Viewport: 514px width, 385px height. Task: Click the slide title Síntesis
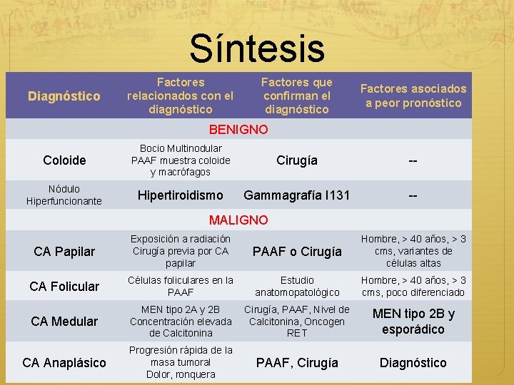(x=257, y=49)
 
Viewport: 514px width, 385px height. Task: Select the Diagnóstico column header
(x=64, y=96)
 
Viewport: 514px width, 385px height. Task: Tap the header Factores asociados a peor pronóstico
(x=413, y=96)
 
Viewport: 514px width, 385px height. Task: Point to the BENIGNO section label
(x=238, y=129)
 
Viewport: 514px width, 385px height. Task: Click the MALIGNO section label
(x=238, y=220)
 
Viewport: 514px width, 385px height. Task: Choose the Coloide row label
(x=64, y=160)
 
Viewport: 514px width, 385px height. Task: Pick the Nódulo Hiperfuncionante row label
(x=64, y=195)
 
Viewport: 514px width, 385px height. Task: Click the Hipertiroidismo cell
(x=180, y=195)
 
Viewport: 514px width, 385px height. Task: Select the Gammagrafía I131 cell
(x=297, y=195)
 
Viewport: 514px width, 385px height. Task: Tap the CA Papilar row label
(x=64, y=251)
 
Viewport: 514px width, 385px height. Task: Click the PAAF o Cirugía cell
(x=296, y=251)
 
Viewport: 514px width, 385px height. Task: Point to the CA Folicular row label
(x=64, y=286)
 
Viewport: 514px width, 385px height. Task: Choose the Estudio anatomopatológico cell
(x=297, y=286)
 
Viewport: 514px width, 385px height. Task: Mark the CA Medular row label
(x=64, y=321)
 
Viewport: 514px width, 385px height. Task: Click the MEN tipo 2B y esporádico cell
(x=413, y=321)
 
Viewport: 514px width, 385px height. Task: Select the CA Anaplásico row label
(x=64, y=362)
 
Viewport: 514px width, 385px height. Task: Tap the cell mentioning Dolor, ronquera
(x=181, y=362)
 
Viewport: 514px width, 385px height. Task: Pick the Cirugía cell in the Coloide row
(x=297, y=160)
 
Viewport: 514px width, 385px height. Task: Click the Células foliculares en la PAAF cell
(x=181, y=286)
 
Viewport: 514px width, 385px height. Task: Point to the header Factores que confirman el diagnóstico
(x=296, y=96)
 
